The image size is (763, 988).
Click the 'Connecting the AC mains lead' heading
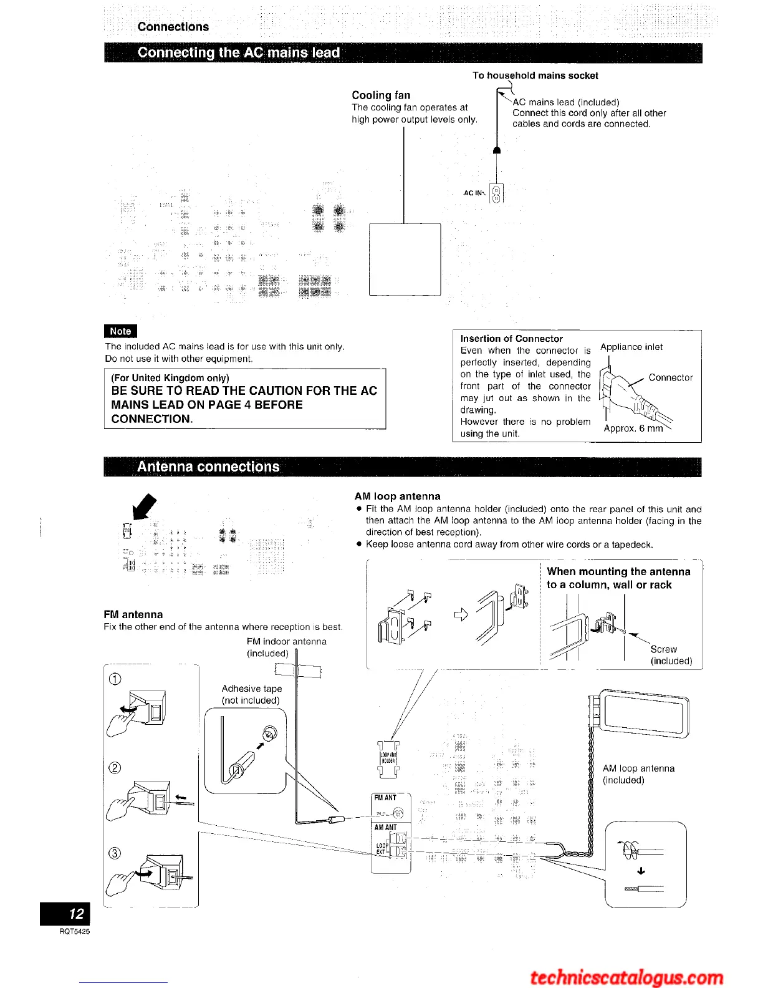click(x=239, y=53)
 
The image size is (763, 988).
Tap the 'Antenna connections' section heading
click(x=208, y=467)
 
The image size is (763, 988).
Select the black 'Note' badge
click(x=120, y=331)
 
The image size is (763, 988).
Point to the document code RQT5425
click(x=75, y=931)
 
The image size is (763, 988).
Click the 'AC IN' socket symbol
click(x=497, y=194)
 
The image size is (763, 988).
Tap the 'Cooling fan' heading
click(x=381, y=95)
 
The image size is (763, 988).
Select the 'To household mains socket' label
click(x=535, y=75)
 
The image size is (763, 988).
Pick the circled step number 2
click(x=115, y=768)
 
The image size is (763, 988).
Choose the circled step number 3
click(x=115, y=854)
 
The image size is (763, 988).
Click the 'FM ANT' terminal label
click(x=385, y=798)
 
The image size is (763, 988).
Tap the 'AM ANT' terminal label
click(x=385, y=828)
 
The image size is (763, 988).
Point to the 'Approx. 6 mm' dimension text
click(x=633, y=429)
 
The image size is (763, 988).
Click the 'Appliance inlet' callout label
click(x=631, y=347)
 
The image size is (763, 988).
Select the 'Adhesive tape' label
click(x=252, y=689)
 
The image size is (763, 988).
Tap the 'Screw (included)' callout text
click(x=669, y=655)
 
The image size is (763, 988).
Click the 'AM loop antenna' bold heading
click(x=397, y=496)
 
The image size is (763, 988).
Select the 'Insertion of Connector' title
click(x=511, y=339)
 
